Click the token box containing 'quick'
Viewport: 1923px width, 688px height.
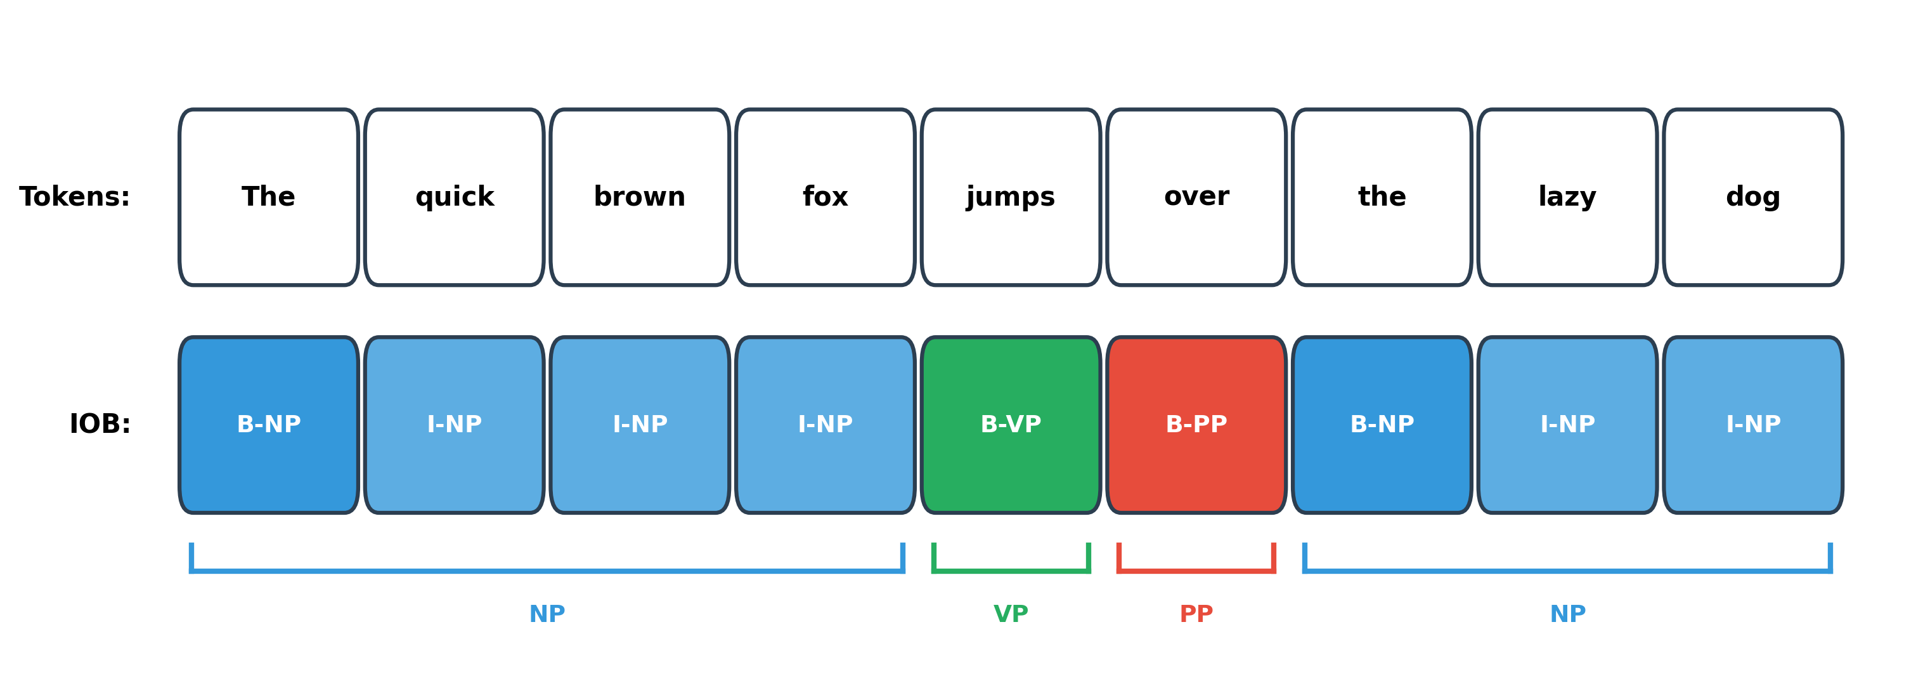454,197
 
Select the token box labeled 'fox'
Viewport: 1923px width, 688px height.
825,197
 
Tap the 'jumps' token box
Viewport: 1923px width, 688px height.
1010,197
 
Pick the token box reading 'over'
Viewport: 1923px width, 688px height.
1196,197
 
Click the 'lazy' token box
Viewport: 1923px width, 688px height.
1567,197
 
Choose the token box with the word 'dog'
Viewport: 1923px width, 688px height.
1753,197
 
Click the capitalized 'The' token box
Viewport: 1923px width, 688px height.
269,197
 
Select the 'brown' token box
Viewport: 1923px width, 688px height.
640,197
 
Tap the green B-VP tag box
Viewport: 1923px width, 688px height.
1010,425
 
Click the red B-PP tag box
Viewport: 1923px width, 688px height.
1196,425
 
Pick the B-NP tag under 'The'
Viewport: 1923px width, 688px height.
269,425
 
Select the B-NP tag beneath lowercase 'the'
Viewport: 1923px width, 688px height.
1382,425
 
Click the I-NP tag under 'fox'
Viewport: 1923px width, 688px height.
825,425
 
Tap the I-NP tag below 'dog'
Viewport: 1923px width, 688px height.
1753,425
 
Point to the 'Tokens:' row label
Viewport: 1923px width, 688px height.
75,197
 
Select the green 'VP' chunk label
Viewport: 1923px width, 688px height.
1010,614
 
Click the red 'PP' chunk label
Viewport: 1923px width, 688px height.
1196,614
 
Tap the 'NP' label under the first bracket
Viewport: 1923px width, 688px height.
547,614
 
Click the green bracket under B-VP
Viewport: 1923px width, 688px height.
1010,571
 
